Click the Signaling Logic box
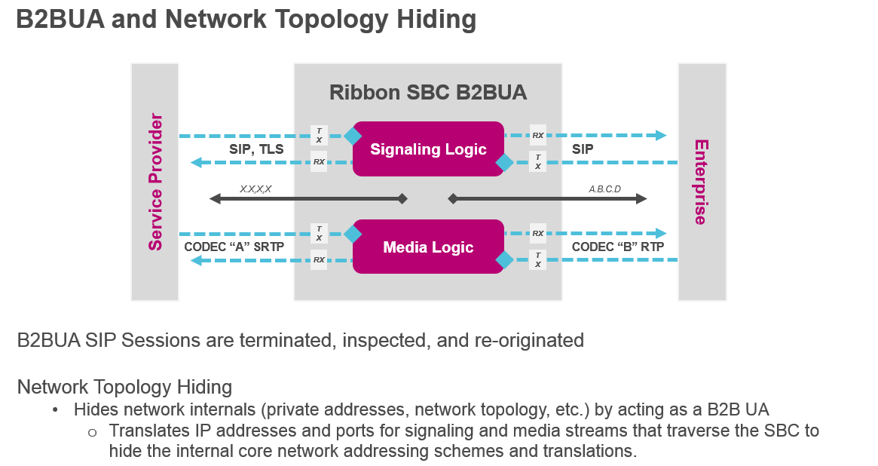coord(428,149)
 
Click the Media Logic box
coord(428,247)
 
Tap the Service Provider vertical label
coord(155,182)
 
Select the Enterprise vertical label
coord(701,182)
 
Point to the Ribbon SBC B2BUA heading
coord(427,93)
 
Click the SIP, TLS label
coord(256,149)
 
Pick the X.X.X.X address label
coord(255,189)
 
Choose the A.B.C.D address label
coord(604,189)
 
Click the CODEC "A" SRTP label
coord(234,247)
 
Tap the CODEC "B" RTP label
coord(617,247)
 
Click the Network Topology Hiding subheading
coord(124,387)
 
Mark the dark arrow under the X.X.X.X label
coord(308,199)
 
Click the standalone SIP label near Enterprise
coord(583,149)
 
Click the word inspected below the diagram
coord(381,340)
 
